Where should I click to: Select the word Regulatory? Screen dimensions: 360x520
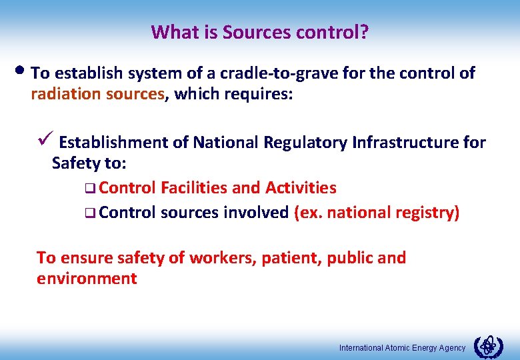[307, 142]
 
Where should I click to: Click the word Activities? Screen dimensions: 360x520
[301, 188]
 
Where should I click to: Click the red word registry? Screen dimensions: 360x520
[427, 213]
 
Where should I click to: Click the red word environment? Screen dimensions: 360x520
[87, 279]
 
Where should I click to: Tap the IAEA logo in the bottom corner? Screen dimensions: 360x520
[488, 347]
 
